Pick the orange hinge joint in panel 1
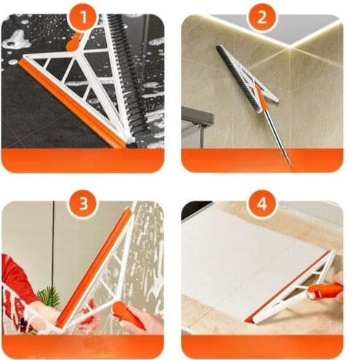click(x=74, y=42)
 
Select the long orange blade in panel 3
click(x=95, y=269)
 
